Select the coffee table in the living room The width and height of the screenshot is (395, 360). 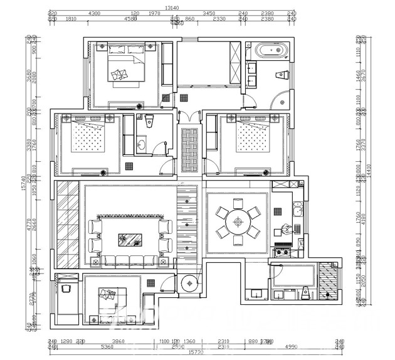pos(132,237)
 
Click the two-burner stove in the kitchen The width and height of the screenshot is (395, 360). pos(281,252)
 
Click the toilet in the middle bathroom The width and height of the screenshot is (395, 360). pos(149,123)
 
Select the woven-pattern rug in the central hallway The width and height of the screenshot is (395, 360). pos(189,151)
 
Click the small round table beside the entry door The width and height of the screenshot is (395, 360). pos(189,283)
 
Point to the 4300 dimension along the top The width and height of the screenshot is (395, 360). pos(95,13)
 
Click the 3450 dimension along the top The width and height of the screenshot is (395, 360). pos(209,13)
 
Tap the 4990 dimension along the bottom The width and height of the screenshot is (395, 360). pos(292,346)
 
